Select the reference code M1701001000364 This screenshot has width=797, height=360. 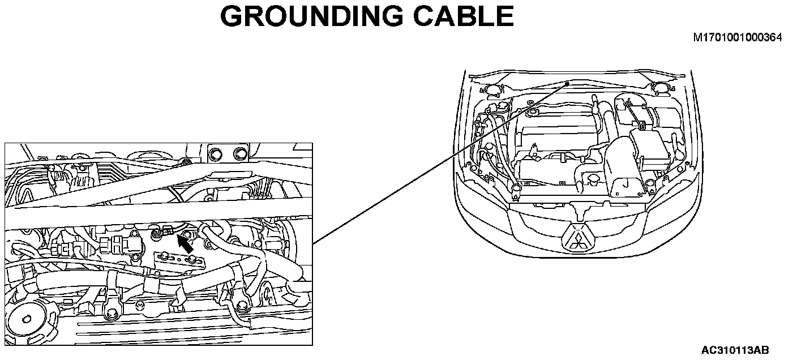[x=738, y=38]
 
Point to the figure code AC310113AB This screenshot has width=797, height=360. [x=735, y=350]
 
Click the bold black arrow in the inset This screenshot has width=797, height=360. [x=185, y=244]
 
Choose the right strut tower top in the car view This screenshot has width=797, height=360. [x=660, y=87]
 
